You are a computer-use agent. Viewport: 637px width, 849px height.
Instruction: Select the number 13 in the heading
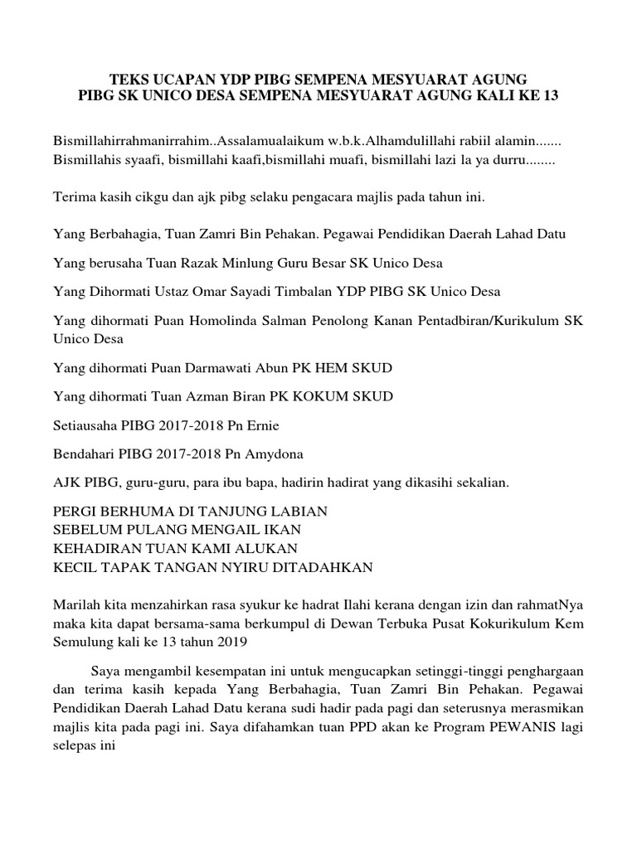tap(549, 96)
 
